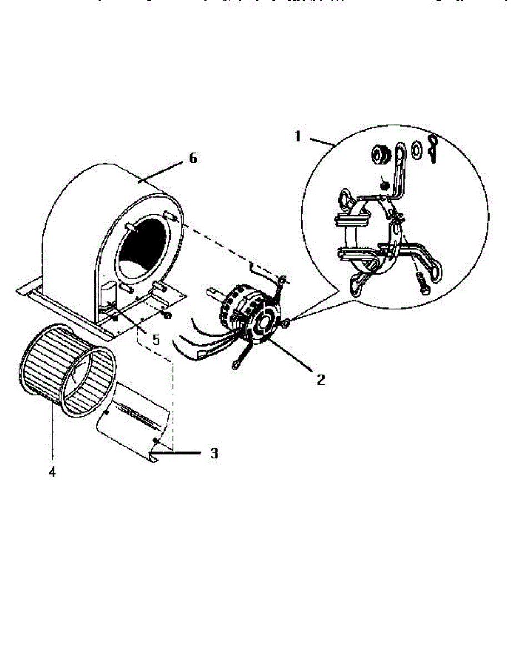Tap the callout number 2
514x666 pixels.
(x=321, y=380)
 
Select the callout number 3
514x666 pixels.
(x=213, y=453)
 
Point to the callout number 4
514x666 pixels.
(x=52, y=472)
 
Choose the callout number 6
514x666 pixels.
(x=193, y=158)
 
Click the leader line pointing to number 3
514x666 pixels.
(x=178, y=453)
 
